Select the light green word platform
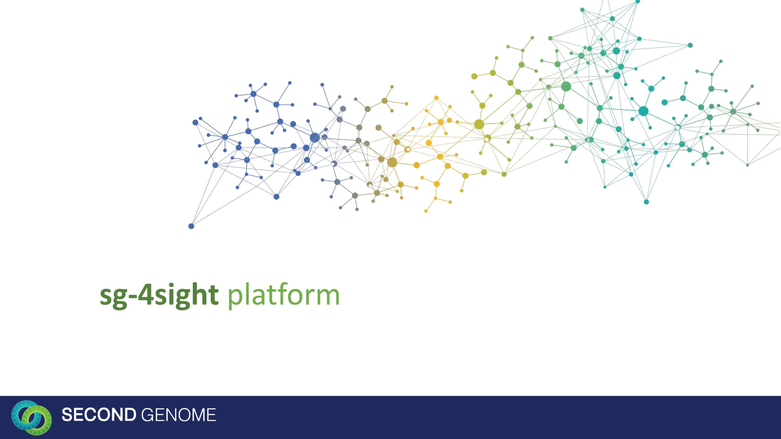click(x=284, y=294)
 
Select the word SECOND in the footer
click(x=99, y=415)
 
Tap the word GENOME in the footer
click(x=178, y=415)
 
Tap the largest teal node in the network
click(x=643, y=111)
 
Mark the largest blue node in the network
click(x=315, y=137)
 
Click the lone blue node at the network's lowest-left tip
click(x=191, y=226)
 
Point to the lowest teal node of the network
click(x=646, y=202)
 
